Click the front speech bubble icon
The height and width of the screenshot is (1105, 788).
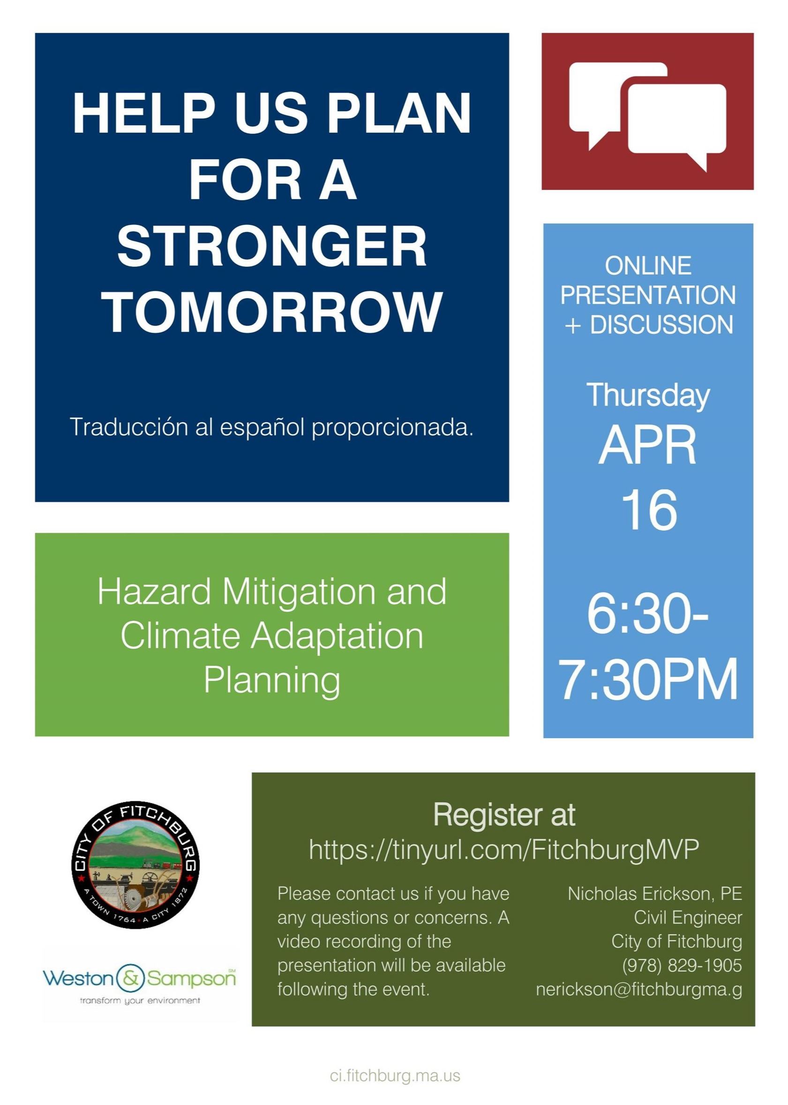676,123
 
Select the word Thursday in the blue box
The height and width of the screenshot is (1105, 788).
648,396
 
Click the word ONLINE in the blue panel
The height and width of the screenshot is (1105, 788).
648,265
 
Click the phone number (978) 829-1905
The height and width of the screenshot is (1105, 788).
682,965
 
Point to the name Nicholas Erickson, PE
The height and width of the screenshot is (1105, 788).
655,894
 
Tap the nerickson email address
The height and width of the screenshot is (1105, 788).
639,990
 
